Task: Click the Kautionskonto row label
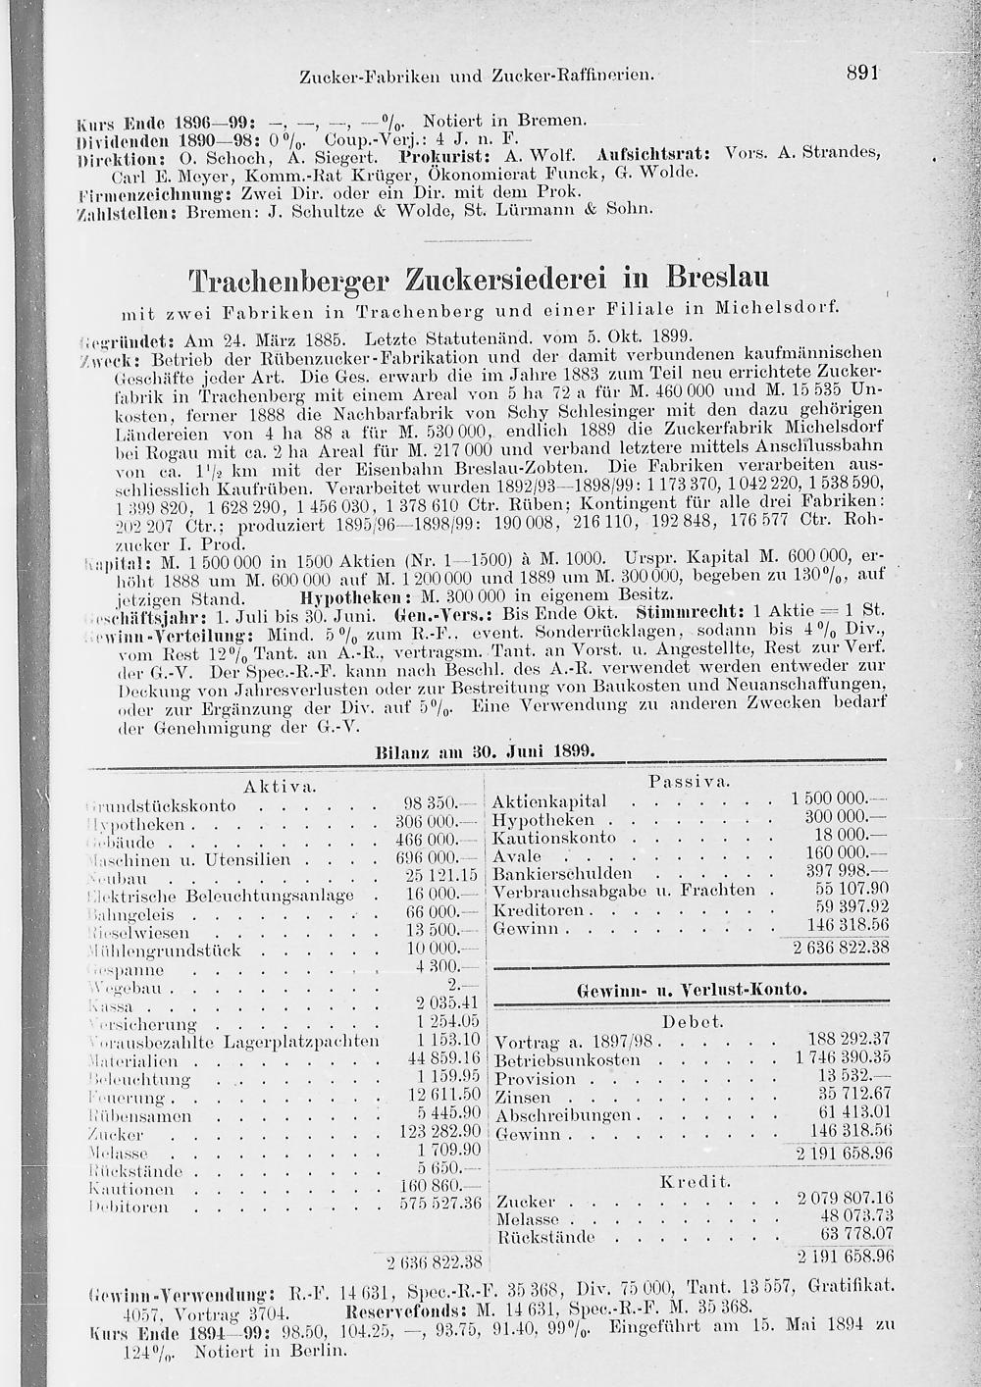pos(553,838)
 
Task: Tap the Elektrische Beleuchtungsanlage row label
pos(221,896)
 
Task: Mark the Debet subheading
pos(694,1021)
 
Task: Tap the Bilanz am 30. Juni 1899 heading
pos(487,750)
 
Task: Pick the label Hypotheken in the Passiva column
pos(542,820)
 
